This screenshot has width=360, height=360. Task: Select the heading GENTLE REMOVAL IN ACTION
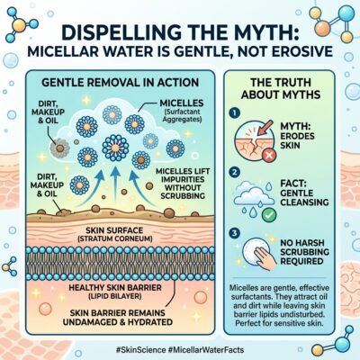(121, 82)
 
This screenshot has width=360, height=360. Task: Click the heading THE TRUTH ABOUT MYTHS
(281, 88)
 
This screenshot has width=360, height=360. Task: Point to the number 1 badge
(235, 112)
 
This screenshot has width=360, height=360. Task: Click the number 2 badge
(235, 172)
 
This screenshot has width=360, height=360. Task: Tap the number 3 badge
(235, 233)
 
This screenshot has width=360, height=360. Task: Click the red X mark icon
(269, 156)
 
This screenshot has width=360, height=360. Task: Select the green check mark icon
(269, 215)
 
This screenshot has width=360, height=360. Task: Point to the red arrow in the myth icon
(265, 127)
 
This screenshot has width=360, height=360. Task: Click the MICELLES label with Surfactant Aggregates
(182, 111)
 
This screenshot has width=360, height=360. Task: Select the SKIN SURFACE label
(114, 234)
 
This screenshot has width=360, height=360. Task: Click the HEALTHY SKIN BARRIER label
(115, 292)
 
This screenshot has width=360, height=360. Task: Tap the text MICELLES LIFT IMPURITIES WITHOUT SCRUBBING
(183, 184)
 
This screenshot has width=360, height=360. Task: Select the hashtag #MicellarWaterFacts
(206, 350)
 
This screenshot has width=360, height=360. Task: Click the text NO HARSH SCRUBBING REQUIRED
(304, 252)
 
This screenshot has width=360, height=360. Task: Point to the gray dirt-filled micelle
(60, 148)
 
